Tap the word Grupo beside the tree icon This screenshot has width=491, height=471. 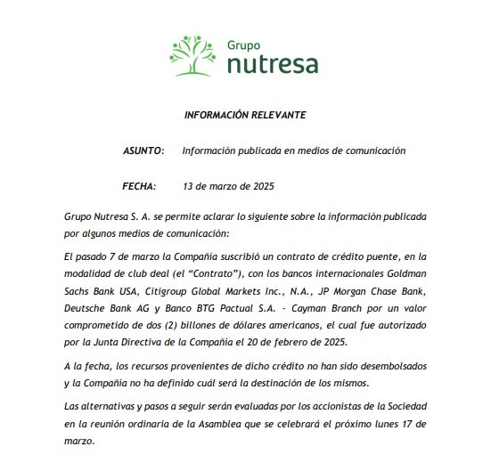[243, 43]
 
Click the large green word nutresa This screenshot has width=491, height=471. [271, 63]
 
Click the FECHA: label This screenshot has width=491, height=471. [139, 186]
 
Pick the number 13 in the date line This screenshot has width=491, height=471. [188, 186]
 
